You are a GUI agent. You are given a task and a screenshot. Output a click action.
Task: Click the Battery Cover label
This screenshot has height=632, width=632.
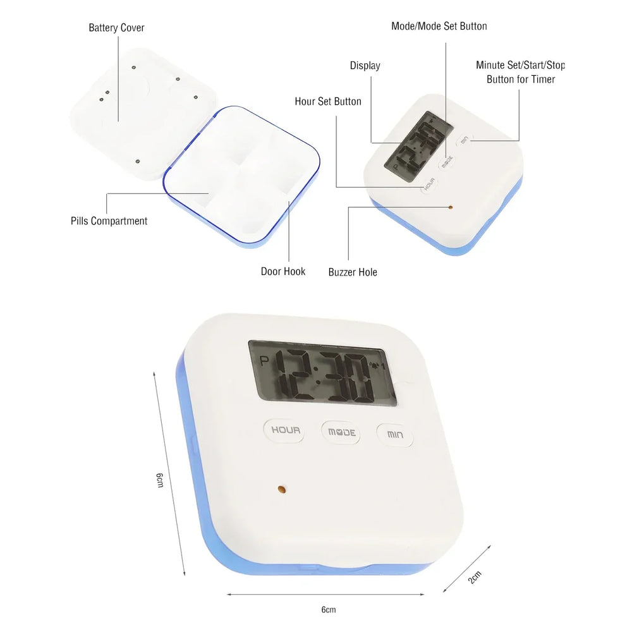pos(116,28)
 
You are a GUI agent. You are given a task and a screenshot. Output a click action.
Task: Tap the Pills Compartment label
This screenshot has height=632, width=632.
pos(109,221)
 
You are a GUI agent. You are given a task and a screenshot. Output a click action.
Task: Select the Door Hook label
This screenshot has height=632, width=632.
pos(283,272)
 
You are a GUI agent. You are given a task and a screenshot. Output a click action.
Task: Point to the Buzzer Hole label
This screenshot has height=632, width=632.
pos(353,272)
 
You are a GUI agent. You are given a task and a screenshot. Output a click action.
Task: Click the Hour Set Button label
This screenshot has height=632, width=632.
pos(328,101)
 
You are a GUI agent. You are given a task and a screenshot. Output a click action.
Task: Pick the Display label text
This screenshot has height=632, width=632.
pos(365,66)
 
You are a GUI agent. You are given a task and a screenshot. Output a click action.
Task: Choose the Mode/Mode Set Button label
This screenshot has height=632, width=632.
pos(439,26)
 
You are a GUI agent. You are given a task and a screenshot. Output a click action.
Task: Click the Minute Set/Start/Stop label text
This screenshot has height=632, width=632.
pos(520,65)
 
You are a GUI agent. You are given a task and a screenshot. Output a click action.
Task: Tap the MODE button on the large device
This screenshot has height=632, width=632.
pos(341,433)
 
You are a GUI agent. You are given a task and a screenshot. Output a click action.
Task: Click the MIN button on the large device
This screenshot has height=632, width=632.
pos(395,435)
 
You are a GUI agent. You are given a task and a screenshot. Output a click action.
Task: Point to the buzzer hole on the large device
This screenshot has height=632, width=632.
pos(282,489)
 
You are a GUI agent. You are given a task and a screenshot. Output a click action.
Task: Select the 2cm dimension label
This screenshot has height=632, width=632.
pos(474,576)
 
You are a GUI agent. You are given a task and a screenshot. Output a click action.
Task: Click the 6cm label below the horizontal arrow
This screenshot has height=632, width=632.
pos(328,610)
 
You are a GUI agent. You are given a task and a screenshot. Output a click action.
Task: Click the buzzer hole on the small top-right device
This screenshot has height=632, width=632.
pos(450,206)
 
